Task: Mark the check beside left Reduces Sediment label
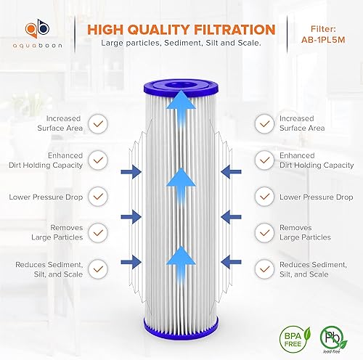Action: click(96, 268)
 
